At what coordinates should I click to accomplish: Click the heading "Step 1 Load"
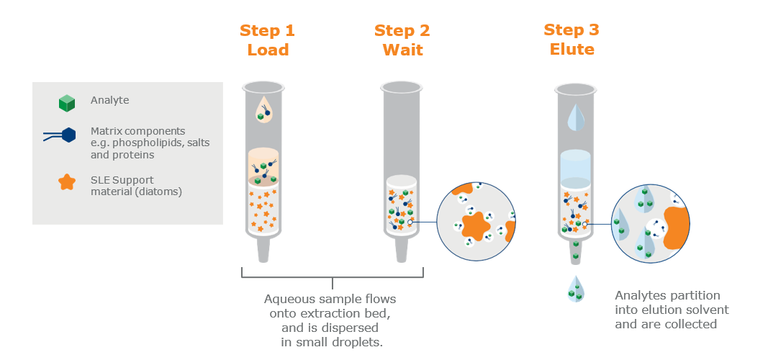[267, 40]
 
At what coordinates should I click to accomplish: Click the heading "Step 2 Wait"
[402, 40]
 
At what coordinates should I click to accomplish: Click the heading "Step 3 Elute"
[572, 40]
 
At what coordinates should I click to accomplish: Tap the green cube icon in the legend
[67, 102]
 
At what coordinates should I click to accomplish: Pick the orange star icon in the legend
[66, 181]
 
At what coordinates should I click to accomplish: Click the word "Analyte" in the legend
[110, 101]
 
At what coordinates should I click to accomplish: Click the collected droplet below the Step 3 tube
[574, 288]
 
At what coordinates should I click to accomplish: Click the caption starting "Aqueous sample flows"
[331, 320]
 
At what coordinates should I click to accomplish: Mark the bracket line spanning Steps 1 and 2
[332, 276]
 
